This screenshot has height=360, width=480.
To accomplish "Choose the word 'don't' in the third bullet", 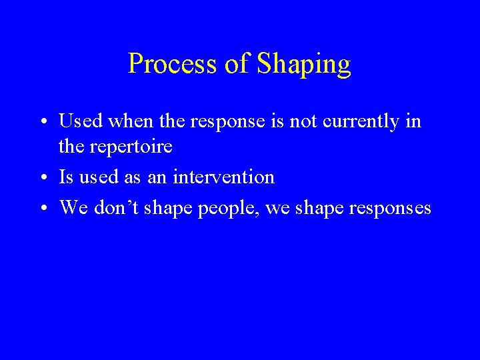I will [x=111, y=207].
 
